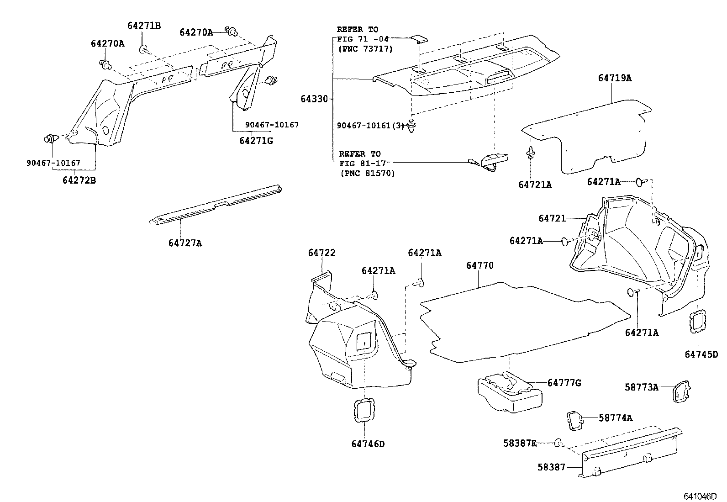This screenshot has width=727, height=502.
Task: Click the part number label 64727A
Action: point(185,243)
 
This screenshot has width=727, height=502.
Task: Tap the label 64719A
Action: point(615,78)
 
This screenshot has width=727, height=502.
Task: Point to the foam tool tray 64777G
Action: point(509,391)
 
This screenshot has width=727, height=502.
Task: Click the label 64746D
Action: point(368,444)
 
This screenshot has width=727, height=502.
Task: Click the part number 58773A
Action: point(641,387)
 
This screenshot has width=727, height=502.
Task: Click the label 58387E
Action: point(520,443)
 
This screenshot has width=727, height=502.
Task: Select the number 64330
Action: point(314,99)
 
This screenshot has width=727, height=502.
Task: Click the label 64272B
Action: point(79,180)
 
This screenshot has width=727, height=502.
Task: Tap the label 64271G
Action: point(256,141)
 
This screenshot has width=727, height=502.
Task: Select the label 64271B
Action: point(144,26)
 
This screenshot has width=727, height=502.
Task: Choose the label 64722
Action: point(321,253)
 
